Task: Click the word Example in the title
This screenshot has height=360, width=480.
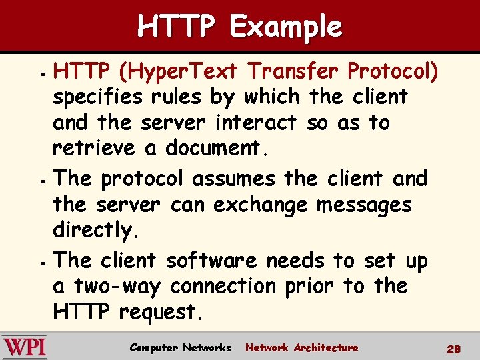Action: pos(285,27)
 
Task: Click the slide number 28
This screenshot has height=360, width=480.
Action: pos(454,349)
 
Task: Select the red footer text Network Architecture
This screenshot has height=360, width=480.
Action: pos(301,347)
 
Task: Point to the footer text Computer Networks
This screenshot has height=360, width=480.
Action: pos(180,347)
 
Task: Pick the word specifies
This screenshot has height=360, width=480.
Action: pos(97,97)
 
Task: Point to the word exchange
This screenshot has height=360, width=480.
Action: pos(261,205)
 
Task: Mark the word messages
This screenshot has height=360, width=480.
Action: pos(364,205)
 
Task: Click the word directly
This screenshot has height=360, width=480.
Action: pos(96,231)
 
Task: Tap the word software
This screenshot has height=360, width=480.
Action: pos(210,260)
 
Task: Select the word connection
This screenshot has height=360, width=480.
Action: pos(223,286)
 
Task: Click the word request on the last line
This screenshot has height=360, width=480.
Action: pos(160,312)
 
